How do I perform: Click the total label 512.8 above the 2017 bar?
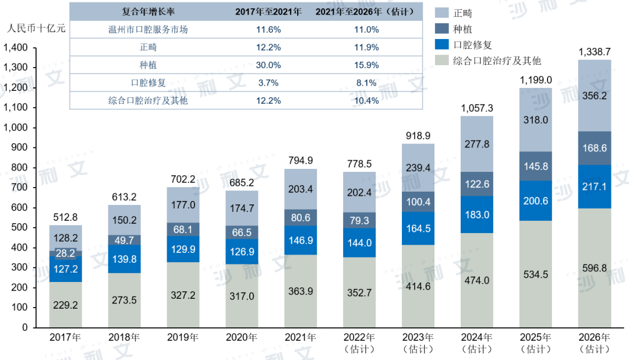[65, 218]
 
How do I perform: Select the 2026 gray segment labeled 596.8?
[595, 268]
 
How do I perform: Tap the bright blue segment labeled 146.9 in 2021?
[301, 239]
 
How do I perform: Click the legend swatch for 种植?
[442, 27]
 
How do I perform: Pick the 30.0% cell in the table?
[268, 65]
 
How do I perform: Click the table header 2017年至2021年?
[268, 12]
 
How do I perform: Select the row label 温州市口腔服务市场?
[148, 29]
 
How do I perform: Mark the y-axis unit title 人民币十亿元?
[36, 27]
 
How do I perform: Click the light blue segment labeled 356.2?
[595, 96]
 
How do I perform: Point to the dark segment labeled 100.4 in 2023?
[418, 202]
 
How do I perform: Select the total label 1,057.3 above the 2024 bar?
[477, 108]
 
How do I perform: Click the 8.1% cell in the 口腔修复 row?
[367, 83]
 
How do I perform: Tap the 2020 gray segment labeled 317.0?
[242, 296]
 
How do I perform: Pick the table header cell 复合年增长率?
[148, 12]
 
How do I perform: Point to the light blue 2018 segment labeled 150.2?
[124, 220]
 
